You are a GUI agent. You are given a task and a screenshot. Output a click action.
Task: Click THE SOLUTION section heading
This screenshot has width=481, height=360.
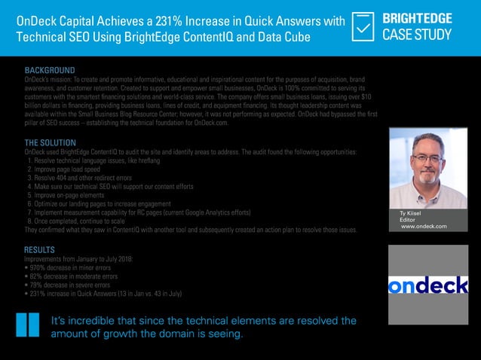coord(50,142)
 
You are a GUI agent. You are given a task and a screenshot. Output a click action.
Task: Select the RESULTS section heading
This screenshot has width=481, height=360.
coord(39,249)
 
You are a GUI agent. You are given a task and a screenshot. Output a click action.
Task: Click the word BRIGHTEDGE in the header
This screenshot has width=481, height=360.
coord(417,17)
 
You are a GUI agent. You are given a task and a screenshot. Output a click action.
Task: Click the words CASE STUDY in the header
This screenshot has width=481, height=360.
coord(417,35)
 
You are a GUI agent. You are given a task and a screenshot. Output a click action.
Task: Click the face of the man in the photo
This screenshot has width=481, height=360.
coord(427,160)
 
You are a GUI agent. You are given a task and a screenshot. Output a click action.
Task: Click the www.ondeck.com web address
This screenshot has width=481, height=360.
coord(424,227)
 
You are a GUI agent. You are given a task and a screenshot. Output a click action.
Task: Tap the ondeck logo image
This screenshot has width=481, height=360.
coord(427,285)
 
